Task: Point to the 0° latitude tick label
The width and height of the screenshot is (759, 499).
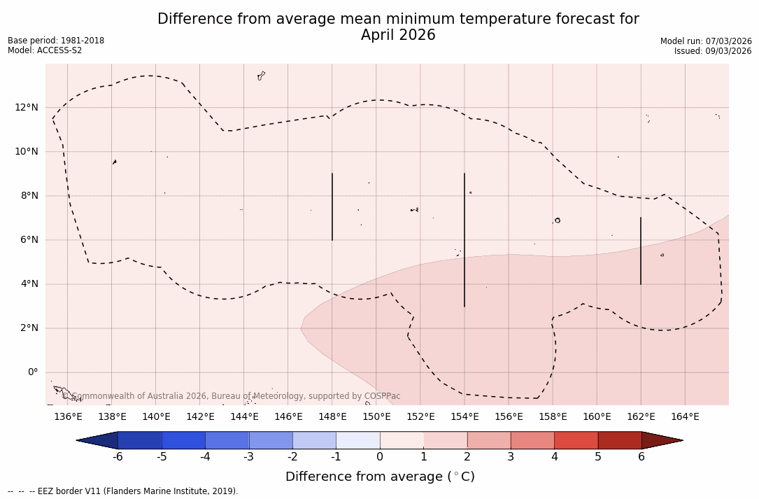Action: (x=32, y=372)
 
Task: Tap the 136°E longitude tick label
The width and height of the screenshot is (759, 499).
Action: (x=68, y=417)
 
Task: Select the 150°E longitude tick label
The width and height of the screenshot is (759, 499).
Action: (x=376, y=417)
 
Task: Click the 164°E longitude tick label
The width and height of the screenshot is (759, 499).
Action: (x=685, y=417)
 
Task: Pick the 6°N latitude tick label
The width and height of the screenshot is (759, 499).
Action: (x=29, y=240)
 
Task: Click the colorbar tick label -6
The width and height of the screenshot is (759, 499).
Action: (x=118, y=457)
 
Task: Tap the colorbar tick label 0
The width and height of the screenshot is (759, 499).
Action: (x=380, y=457)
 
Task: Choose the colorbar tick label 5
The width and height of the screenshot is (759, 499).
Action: (x=598, y=457)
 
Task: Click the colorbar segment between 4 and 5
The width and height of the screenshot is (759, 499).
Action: (x=576, y=440)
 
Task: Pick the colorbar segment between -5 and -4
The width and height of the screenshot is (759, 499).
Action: (x=183, y=440)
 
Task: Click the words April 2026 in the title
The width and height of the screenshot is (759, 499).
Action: (x=398, y=35)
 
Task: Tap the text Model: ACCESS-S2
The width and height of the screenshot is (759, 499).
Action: (x=45, y=50)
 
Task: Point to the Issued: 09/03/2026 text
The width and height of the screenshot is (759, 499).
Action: (x=713, y=51)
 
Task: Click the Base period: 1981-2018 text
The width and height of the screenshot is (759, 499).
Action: (x=56, y=41)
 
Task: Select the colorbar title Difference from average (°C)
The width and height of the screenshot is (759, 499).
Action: (x=380, y=477)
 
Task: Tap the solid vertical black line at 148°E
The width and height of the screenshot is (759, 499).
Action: (x=332, y=206)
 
